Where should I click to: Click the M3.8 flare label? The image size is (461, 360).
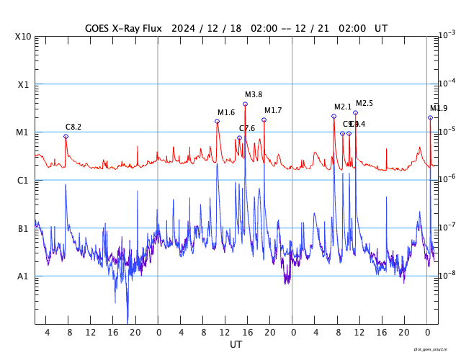254,94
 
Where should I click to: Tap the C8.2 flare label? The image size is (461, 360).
73,127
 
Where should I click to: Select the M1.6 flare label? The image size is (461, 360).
226,112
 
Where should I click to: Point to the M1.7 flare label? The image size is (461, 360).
273,110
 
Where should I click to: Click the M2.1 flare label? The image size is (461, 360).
343,107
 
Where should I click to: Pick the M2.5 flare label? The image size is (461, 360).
364,103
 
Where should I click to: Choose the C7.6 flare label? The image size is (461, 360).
247,128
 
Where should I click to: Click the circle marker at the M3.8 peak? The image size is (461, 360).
246,104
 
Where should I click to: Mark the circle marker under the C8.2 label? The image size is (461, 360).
66,136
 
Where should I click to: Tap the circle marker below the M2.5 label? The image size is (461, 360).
355,112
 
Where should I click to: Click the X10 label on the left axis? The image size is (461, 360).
24,37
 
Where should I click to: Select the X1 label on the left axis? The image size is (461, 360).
24,84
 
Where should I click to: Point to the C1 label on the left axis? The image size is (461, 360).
24,180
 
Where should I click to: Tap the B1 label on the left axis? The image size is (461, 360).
24,228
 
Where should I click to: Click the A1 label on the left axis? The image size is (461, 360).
24,276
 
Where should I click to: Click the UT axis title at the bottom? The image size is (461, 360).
236,345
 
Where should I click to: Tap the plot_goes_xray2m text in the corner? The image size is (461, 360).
436,349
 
